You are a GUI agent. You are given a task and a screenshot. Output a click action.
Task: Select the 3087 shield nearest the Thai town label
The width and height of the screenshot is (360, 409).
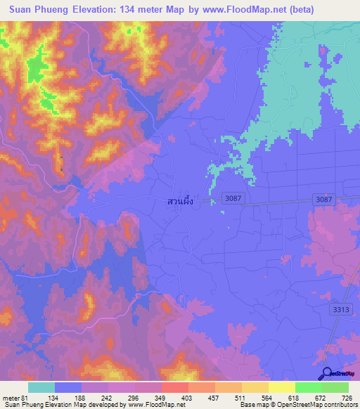pyautogui.click(x=235, y=200)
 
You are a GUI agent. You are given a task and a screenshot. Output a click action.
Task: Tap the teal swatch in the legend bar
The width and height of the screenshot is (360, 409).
pyautogui.click(x=41, y=387)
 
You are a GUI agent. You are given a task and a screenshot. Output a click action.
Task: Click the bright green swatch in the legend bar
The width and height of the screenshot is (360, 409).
pyautogui.click(x=308, y=387)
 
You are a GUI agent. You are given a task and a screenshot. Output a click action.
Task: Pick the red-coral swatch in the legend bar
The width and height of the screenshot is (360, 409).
pyautogui.click(x=175, y=387)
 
